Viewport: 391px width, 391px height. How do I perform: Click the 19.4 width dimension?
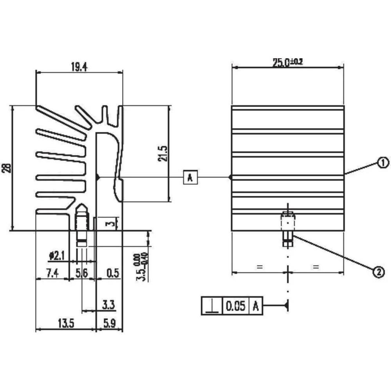(79, 67)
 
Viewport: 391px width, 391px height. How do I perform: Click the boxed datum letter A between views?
(190, 177)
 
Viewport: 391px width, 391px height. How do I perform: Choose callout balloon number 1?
(383, 161)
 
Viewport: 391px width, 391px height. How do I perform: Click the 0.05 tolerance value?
(235, 306)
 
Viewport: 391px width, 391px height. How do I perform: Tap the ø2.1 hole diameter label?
(56, 256)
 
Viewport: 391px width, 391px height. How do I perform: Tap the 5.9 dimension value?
(109, 324)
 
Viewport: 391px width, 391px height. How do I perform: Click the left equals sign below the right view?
(258, 267)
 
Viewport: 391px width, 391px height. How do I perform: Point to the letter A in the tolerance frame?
(256, 306)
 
